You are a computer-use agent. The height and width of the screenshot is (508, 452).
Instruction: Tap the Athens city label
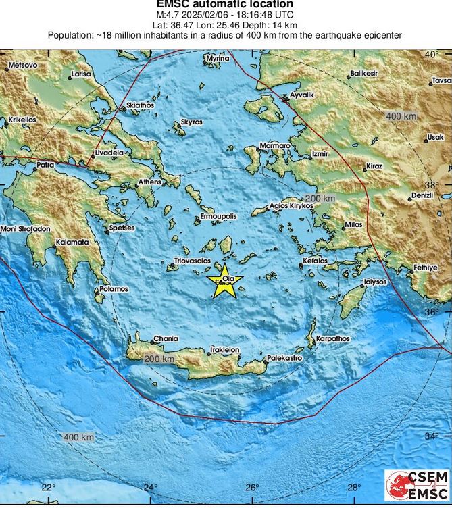pos(149,182)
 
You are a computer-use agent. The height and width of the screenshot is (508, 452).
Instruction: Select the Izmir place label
pos(320,154)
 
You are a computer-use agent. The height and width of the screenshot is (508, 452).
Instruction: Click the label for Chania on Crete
pos(166,338)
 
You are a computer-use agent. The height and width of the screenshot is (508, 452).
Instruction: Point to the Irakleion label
pos(225,350)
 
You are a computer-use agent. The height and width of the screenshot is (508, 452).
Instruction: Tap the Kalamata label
pos(73,241)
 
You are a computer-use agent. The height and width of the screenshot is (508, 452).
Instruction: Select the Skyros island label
pos(191,122)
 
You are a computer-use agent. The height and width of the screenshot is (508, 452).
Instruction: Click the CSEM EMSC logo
pos(416,487)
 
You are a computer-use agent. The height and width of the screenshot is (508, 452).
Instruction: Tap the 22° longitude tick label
pos(48,487)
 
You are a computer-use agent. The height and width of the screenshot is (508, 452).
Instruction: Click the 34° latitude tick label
pos(432,436)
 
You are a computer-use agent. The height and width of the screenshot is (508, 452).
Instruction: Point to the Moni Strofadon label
pos(25,229)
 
